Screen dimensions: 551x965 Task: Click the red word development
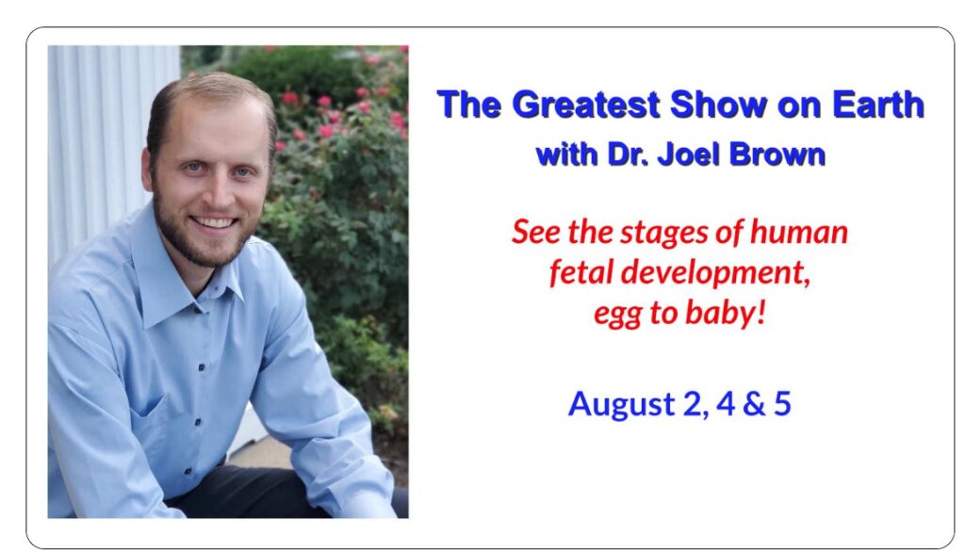[x=711, y=273]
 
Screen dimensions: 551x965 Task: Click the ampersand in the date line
[x=747, y=403]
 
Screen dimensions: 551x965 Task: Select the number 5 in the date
[x=781, y=403]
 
